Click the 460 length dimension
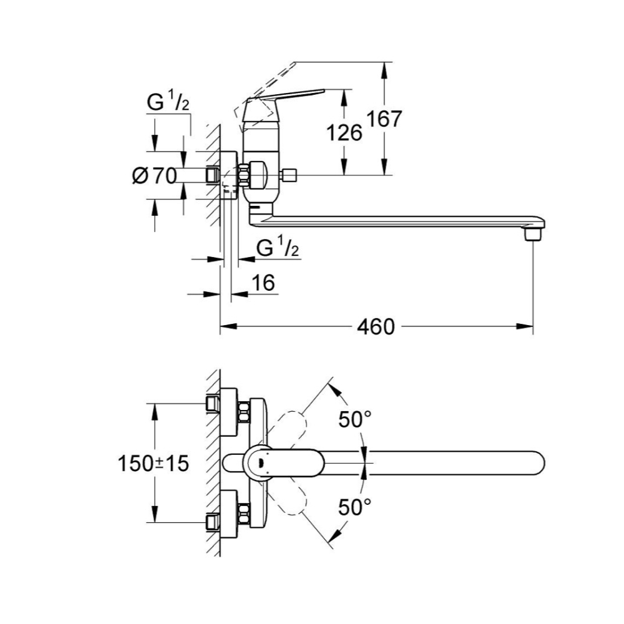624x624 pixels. click(376, 327)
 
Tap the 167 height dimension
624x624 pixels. click(384, 119)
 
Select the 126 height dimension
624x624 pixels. click(344, 132)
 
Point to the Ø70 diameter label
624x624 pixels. click(154, 175)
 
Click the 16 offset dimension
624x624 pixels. click(263, 282)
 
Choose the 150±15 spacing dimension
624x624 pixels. click(154, 464)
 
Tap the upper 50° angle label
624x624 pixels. click(354, 419)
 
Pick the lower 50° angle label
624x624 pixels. click(354, 507)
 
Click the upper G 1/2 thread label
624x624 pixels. click(168, 102)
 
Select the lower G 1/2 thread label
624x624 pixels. click(278, 247)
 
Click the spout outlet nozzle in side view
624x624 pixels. click(533, 235)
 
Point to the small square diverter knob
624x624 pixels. click(290, 175)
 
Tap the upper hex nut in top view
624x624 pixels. click(243, 413)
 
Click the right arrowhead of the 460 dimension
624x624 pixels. click(525, 326)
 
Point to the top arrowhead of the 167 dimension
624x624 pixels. click(384, 71)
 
